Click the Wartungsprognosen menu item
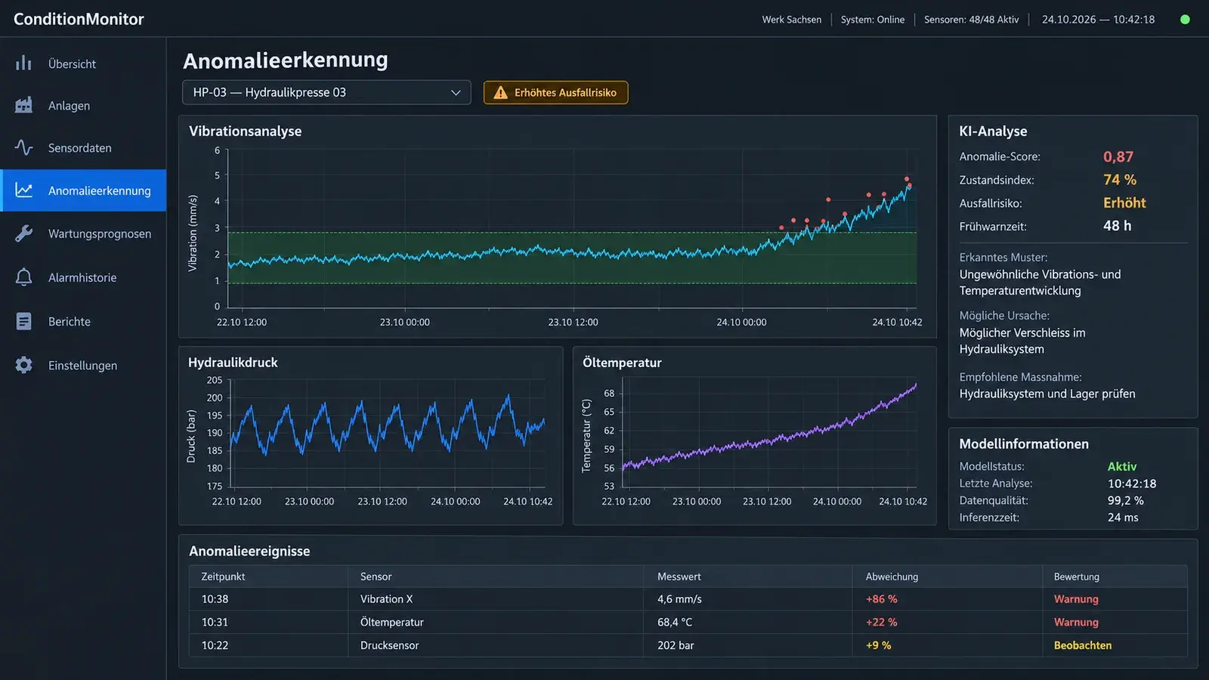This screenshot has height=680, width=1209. click(99, 233)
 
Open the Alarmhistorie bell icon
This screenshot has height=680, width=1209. click(23, 277)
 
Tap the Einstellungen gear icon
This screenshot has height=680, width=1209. click(23, 366)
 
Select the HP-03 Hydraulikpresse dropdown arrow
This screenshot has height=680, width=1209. click(456, 93)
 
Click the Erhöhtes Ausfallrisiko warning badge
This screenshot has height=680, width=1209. click(555, 92)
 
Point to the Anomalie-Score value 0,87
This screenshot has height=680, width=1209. click(1118, 156)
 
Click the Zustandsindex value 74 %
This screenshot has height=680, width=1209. click(1119, 180)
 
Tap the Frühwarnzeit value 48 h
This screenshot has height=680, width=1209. click(1117, 226)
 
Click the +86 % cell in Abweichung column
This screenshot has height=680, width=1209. click(881, 599)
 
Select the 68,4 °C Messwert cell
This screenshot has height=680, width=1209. click(674, 623)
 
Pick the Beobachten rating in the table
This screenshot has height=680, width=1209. click(1082, 645)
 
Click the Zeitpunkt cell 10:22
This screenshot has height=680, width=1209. click(215, 645)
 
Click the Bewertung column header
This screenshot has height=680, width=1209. click(1076, 576)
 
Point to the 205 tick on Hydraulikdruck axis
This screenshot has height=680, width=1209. click(215, 380)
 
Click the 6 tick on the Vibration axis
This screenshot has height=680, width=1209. click(217, 150)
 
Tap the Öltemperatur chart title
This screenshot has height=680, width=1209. click(622, 363)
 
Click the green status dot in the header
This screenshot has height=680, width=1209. click(1185, 20)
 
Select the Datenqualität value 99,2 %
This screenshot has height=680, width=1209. click(1125, 500)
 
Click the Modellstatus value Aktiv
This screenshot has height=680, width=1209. click(1121, 466)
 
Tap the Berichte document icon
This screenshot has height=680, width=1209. click(23, 321)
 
